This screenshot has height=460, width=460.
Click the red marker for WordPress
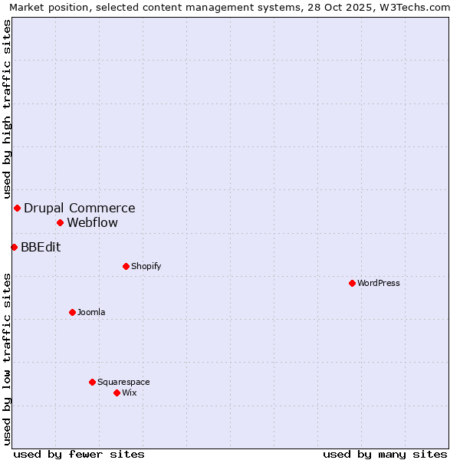(x=352, y=283)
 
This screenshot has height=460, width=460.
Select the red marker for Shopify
(x=126, y=266)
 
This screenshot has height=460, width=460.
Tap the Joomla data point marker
(x=72, y=312)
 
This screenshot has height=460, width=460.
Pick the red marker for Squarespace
(x=92, y=382)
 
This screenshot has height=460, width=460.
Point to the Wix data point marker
(x=117, y=393)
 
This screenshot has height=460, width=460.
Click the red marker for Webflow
(x=60, y=222)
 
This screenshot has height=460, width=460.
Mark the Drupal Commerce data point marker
(x=17, y=208)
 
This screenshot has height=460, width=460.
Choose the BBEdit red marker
(x=14, y=247)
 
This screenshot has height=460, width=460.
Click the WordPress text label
(x=379, y=283)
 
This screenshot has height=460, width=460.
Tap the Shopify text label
(x=146, y=266)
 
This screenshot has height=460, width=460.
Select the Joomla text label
(x=91, y=312)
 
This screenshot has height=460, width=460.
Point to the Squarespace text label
(x=123, y=382)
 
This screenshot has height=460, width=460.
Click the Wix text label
(x=130, y=393)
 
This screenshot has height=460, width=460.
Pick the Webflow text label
(x=93, y=223)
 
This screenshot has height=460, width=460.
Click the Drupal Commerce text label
(x=80, y=208)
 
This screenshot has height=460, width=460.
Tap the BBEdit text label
(x=41, y=247)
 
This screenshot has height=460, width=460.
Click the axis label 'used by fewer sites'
(x=79, y=454)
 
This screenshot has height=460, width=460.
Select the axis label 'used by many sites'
(x=385, y=454)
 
